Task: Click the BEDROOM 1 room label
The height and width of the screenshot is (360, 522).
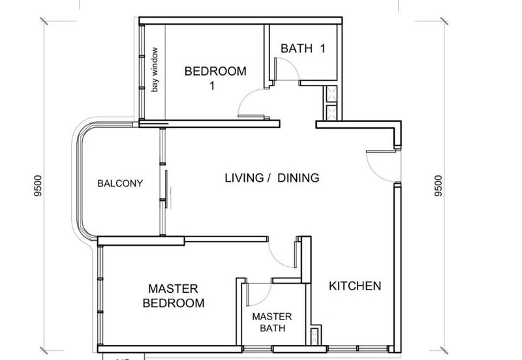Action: pyautogui.click(x=215, y=78)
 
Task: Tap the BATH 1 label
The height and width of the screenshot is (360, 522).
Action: pyautogui.click(x=303, y=48)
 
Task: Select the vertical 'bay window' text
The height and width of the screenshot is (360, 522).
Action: pyautogui.click(x=155, y=70)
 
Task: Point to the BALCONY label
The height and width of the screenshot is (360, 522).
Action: pyautogui.click(x=120, y=183)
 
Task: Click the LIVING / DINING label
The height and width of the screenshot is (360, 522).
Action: pyautogui.click(x=272, y=178)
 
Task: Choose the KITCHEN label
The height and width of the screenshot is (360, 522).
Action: pyautogui.click(x=355, y=286)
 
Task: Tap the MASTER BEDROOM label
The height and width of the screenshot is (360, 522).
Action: pyautogui.click(x=174, y=296)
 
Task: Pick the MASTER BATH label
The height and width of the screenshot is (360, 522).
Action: pyautogui.click(x=272, y=322)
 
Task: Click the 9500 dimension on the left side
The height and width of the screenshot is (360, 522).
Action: pyautogui.click(x=38, y=186)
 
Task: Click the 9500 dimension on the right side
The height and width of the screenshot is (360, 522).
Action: pyautogui.click(x=438, y=186)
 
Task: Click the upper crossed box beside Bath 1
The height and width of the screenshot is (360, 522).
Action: pyautogui.click(x=332, y=94)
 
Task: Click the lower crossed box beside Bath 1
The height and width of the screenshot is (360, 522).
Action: pyautogui.click(x=332, y=113)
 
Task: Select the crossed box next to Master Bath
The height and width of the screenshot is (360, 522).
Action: pyautogui.click(x=315, y=336)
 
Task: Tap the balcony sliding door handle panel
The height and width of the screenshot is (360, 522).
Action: pyautogui.click(x=166, y=189)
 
